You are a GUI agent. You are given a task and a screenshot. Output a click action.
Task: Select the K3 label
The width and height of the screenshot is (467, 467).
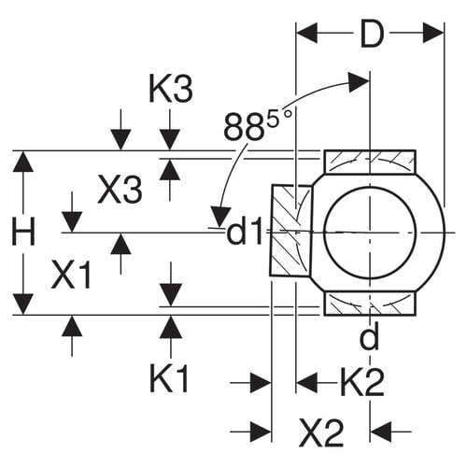(x=171, y=90)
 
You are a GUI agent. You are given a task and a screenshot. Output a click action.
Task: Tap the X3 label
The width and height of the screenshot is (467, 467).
(x=120, y=189)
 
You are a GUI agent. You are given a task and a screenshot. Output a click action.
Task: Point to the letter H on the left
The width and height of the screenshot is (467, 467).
(x=23, y=232)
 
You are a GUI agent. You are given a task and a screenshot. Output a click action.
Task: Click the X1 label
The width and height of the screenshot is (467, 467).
(x=72, y=275)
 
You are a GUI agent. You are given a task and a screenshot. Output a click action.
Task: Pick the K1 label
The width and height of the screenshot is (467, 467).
(x=169, y=379)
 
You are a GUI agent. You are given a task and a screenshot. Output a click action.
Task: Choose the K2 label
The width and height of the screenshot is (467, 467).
(x=362, y=382)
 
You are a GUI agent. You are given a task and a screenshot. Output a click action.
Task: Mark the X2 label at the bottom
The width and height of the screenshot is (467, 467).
(x=321, y=432)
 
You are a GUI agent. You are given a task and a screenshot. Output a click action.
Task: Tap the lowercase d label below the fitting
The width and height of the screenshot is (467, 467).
(x=369, y=335)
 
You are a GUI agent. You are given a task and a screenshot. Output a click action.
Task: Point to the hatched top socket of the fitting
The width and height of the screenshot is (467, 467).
(x=370, y=162)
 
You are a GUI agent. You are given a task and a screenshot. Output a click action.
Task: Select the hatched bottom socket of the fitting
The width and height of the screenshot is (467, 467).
(x=370, y=304)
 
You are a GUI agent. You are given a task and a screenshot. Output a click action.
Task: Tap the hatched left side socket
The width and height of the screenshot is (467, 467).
(x=290, y=231)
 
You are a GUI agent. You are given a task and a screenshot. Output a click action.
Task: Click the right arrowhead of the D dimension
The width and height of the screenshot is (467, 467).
(x=433, y=32)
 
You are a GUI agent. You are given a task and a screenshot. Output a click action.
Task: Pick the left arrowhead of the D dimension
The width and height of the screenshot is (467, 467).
(x=306, y=32)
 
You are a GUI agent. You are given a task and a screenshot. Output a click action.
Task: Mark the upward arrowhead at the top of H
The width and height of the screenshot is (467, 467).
(x=23, y=162)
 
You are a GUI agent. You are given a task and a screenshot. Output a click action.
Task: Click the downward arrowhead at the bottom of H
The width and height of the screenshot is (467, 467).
(x=23, y=304)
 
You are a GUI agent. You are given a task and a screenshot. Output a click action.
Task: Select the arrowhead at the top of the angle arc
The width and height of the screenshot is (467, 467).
(x=359, y=82)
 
